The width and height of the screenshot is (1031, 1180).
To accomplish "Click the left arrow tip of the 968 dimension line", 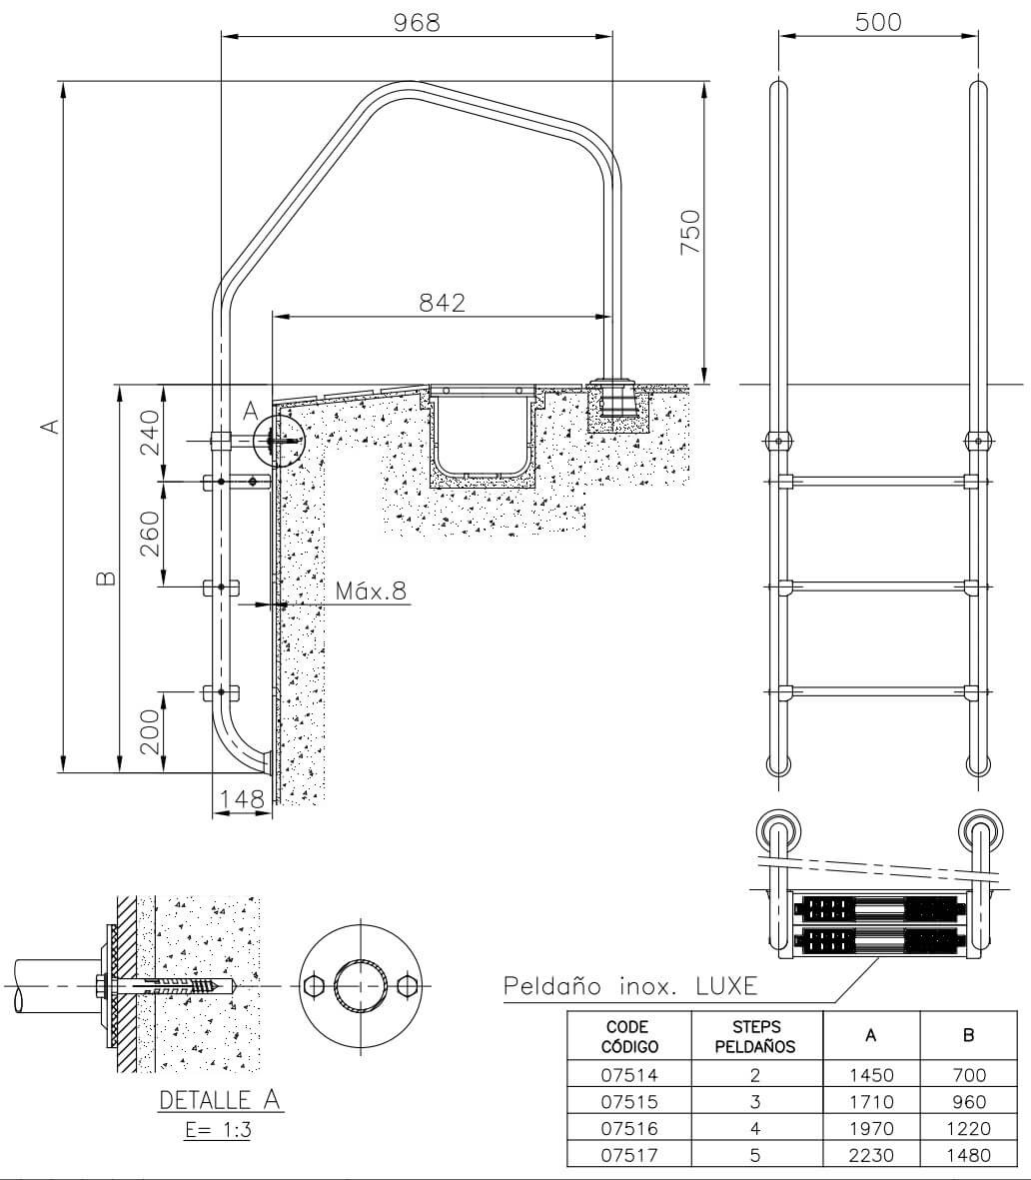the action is point(222,35).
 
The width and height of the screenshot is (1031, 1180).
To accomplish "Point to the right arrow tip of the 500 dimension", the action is point(978,34).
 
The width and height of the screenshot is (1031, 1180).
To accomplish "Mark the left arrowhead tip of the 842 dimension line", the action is point(272,317).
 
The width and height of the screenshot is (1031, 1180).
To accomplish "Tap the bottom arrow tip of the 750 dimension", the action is point(704,384).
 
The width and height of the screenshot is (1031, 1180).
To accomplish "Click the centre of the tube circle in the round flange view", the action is point(361,985).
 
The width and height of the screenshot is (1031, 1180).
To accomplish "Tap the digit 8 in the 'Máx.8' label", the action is point(399,590).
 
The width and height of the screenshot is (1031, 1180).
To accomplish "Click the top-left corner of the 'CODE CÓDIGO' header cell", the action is point(566,1011).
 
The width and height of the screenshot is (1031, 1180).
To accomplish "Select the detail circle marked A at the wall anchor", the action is point(277,441).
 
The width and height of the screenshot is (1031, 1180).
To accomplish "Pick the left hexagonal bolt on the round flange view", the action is point(313,985).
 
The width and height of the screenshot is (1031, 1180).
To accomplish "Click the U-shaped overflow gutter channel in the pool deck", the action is point(483,436).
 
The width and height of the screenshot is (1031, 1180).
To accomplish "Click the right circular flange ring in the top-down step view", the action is point(980,831).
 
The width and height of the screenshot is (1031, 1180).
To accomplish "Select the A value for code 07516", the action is point(871,1128).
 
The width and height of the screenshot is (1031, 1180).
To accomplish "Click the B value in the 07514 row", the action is point(968,1075).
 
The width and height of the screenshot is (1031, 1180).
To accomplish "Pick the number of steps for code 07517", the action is point(755,1154).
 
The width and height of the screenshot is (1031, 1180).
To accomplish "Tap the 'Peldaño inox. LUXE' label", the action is point(629,985).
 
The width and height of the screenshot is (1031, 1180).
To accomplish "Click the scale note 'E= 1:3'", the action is point(218,1130).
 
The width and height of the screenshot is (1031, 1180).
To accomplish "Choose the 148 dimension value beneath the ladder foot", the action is point(242,798).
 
